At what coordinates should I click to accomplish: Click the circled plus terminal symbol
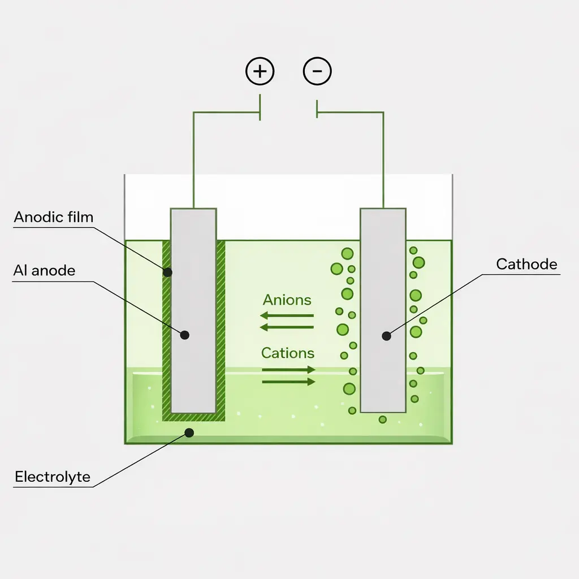click(260, 72)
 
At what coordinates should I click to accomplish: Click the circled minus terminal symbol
click(317, 72)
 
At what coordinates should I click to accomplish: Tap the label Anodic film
click(54, 217)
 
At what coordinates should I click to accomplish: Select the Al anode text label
click(44, 271)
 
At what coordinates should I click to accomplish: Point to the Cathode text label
click(526, 264)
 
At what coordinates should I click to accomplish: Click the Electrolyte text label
click(53, 477)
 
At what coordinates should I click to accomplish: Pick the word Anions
click(287, 300)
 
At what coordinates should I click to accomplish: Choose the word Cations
click(288, 353)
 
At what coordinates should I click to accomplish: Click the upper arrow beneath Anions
click(287, 316)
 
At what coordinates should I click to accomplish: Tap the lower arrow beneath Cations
click(288, 382)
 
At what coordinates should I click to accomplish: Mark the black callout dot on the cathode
click(386, 336)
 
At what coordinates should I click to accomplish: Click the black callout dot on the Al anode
click(184, 335)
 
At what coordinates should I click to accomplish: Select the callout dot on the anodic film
click(167, 272)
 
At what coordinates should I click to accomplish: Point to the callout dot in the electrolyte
click(189, 433)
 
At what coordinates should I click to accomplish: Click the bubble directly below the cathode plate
click(383, 420)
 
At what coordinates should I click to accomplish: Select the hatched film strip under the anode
click(193, 417)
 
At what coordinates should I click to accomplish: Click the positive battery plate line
click(260, 107)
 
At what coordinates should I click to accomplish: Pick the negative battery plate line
click(317, 109)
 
